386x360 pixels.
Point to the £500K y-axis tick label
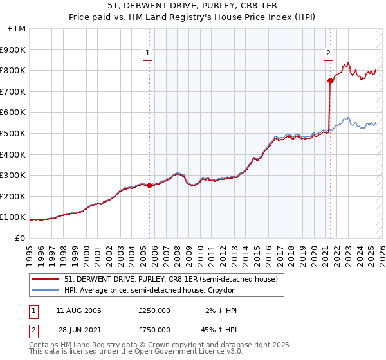(x=14, y=133)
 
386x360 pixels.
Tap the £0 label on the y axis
(x=21, y=238)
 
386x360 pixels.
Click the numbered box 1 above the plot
(x=149, y=53)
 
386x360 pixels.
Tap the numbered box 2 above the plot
(x=328, y=53)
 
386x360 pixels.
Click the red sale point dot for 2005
(x=150, y=185)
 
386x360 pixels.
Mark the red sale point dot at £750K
(x=330, y=80)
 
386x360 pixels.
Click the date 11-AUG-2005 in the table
(x=78, y=310)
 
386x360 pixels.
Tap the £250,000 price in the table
(x=154, y=310)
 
